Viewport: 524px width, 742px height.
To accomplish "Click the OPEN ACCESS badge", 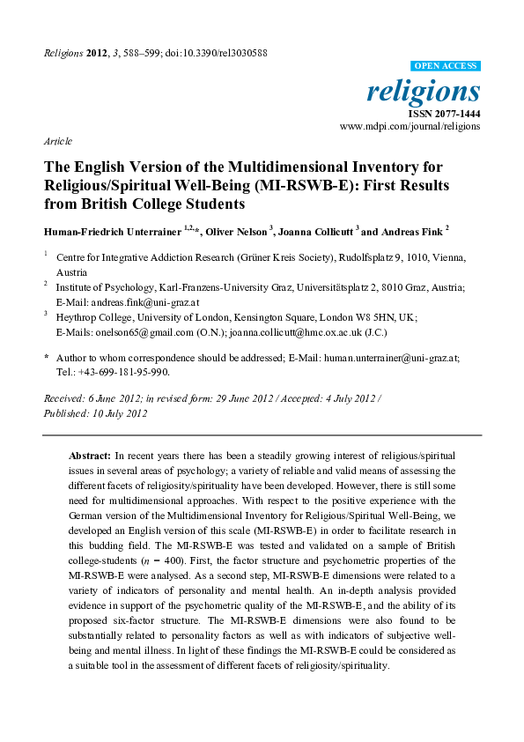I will pos(446,66).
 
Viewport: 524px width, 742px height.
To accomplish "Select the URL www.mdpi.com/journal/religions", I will pos(410,127).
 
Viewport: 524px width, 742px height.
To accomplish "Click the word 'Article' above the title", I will pos(57,141).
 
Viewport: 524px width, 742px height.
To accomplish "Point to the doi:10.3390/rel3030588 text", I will pos(224,53).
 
